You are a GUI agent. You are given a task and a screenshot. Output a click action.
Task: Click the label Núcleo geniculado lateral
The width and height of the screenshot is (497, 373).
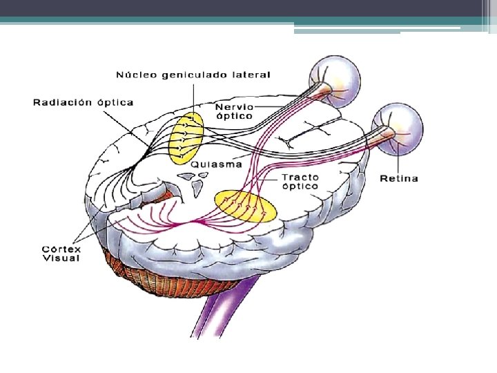tap(193, 75)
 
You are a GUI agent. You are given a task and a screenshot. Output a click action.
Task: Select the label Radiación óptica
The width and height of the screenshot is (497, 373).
tap(84, 102)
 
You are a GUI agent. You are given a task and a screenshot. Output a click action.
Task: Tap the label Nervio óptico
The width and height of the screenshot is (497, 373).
tap(234, 111)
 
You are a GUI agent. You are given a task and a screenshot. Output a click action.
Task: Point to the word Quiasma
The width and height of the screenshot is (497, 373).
tap(216, 164)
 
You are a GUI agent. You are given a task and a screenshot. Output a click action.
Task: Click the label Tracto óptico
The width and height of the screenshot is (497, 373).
tap(300, 182)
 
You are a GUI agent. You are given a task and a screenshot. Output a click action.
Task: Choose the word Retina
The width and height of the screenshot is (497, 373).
tap(399, 178)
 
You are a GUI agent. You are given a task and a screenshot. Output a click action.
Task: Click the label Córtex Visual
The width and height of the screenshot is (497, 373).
tap(61, 254)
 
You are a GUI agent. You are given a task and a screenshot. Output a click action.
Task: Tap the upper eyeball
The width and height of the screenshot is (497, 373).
tap(335, 77)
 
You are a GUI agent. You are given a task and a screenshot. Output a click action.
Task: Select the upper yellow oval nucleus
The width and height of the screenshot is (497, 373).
tap(187, 137)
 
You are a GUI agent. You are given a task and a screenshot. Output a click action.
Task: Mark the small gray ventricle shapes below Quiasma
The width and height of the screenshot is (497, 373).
tap(194, 181)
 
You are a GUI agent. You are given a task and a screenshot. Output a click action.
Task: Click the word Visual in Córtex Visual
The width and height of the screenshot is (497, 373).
tap(61, 258)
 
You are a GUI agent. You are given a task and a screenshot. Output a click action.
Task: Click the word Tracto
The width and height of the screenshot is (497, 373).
tap(300, 177)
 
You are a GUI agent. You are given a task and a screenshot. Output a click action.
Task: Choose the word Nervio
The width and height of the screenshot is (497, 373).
tap(234, 107)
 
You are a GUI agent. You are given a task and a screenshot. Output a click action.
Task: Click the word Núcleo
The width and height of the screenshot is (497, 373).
tap(135, 75)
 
